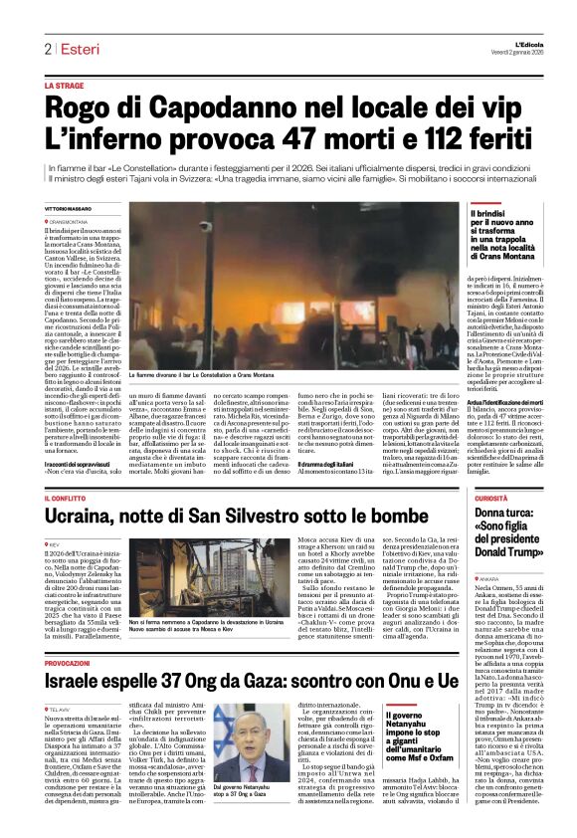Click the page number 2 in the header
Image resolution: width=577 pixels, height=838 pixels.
[47, 48]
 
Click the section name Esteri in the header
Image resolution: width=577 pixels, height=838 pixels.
[74, 48]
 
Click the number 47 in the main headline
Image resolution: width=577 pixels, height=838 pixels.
[284, 138]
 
